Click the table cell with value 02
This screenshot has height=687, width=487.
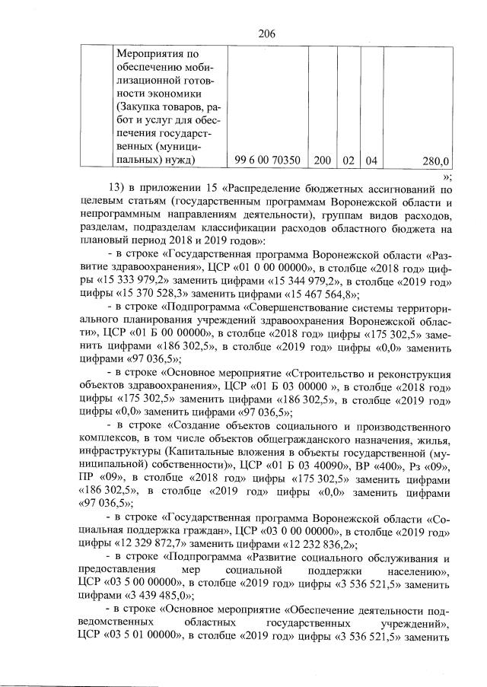(x=348, y=161)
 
